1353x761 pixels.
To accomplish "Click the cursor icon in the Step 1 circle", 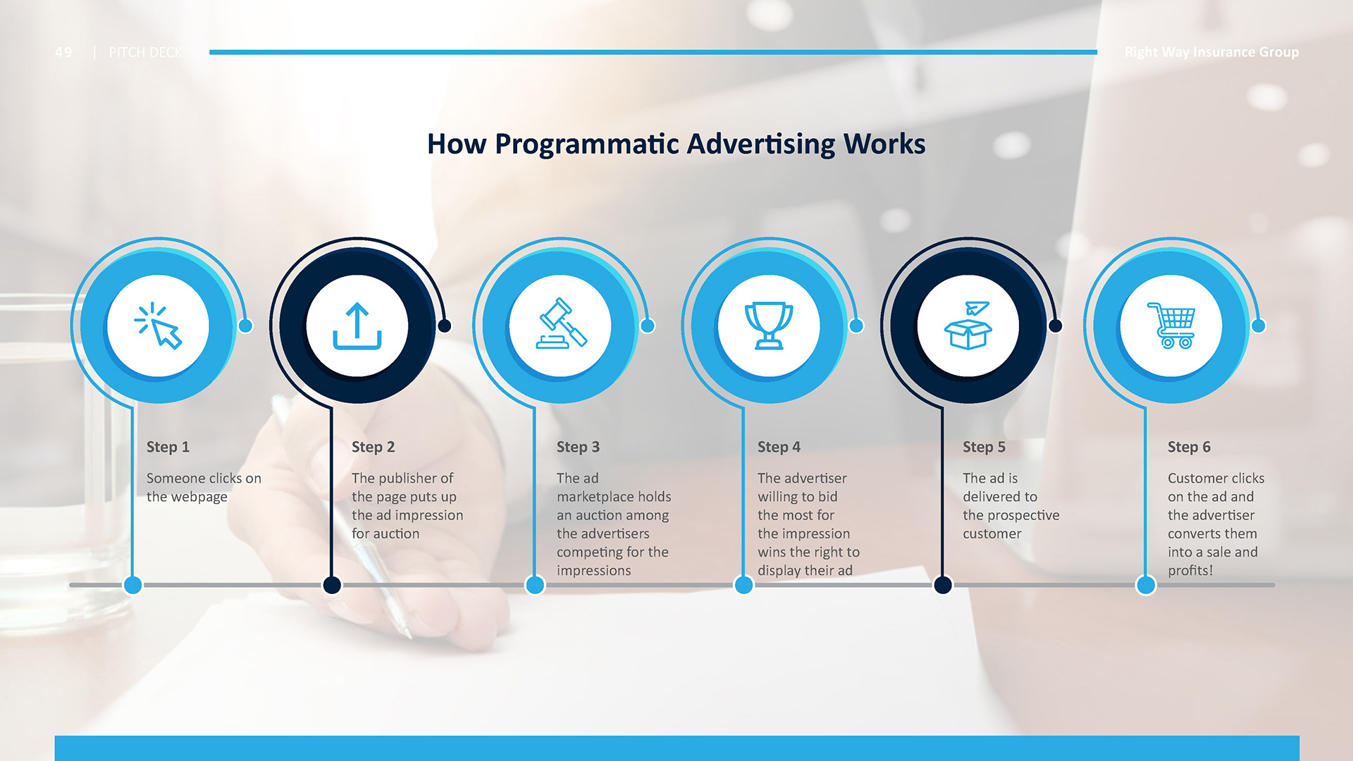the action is click(x=159, y=326).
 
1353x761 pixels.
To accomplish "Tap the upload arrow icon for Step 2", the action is click(x=357, y=326).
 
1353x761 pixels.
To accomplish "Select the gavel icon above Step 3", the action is click(x=561, y=323).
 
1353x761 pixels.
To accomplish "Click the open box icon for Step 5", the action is click(x=968, y=325).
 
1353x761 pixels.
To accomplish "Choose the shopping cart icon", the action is click(x=1171, y=326).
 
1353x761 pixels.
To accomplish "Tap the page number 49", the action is click(x=63, y=52).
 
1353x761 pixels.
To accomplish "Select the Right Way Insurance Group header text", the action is click(x=1211, y=52).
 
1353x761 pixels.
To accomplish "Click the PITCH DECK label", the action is click(x=145, y=52).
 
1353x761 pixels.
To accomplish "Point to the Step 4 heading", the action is click(x=779, y=447).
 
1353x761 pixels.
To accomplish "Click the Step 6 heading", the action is click(x=1189, y=447).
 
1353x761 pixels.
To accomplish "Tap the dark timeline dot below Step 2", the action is click(x=332, y=585).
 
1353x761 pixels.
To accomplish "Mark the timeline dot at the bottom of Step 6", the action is click(x=1146, y=585).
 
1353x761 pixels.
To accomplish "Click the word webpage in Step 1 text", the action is click(x=187, y=497).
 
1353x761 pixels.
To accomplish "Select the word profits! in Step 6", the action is click(x=1190, y=571).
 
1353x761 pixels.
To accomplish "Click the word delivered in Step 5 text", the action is click(x=1000, y=497).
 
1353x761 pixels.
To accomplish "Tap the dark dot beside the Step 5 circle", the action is click(x=1055, y=326).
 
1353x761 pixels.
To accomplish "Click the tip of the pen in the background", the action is click(x=409, y=636).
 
